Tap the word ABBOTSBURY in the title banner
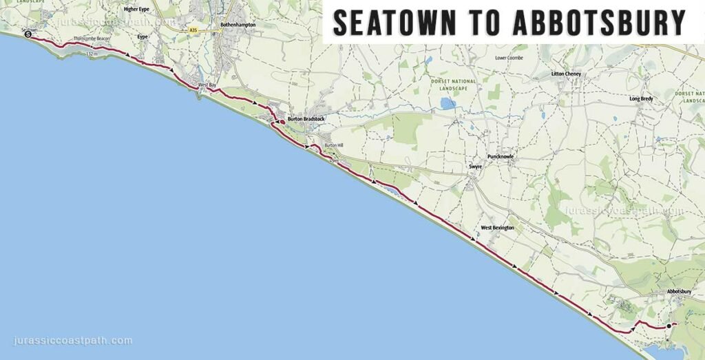pyautogui.click(x=599, y=23)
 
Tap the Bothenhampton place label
pyautogui.click(x=238, y=25)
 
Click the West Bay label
pyautogui.click(x=207, y=85)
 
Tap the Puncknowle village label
pyautogui.click(x=501, y=157)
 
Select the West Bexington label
pyautogui.click(x=497, y=227)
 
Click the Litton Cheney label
pyautogui.click(x=567, y=74)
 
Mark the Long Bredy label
pyautogui.click(x=641, y=98)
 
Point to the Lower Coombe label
pyautogui.click(x=509, y=58)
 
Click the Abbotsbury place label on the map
pyautogui.click(x=679, y=292)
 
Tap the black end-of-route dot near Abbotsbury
pyautogui.click(x=669, y=326)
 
